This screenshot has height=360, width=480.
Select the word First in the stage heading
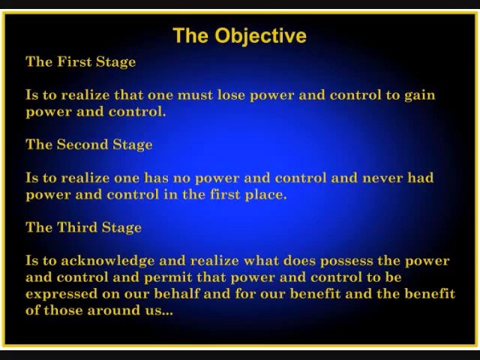74,61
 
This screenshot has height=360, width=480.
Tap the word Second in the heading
82,145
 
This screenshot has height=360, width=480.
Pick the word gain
420,96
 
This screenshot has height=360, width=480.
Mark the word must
195,95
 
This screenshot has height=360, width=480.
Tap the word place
265,195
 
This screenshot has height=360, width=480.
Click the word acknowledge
108,261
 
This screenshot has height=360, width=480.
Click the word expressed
61,294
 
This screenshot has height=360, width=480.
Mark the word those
63,310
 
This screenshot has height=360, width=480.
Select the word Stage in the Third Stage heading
121,228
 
